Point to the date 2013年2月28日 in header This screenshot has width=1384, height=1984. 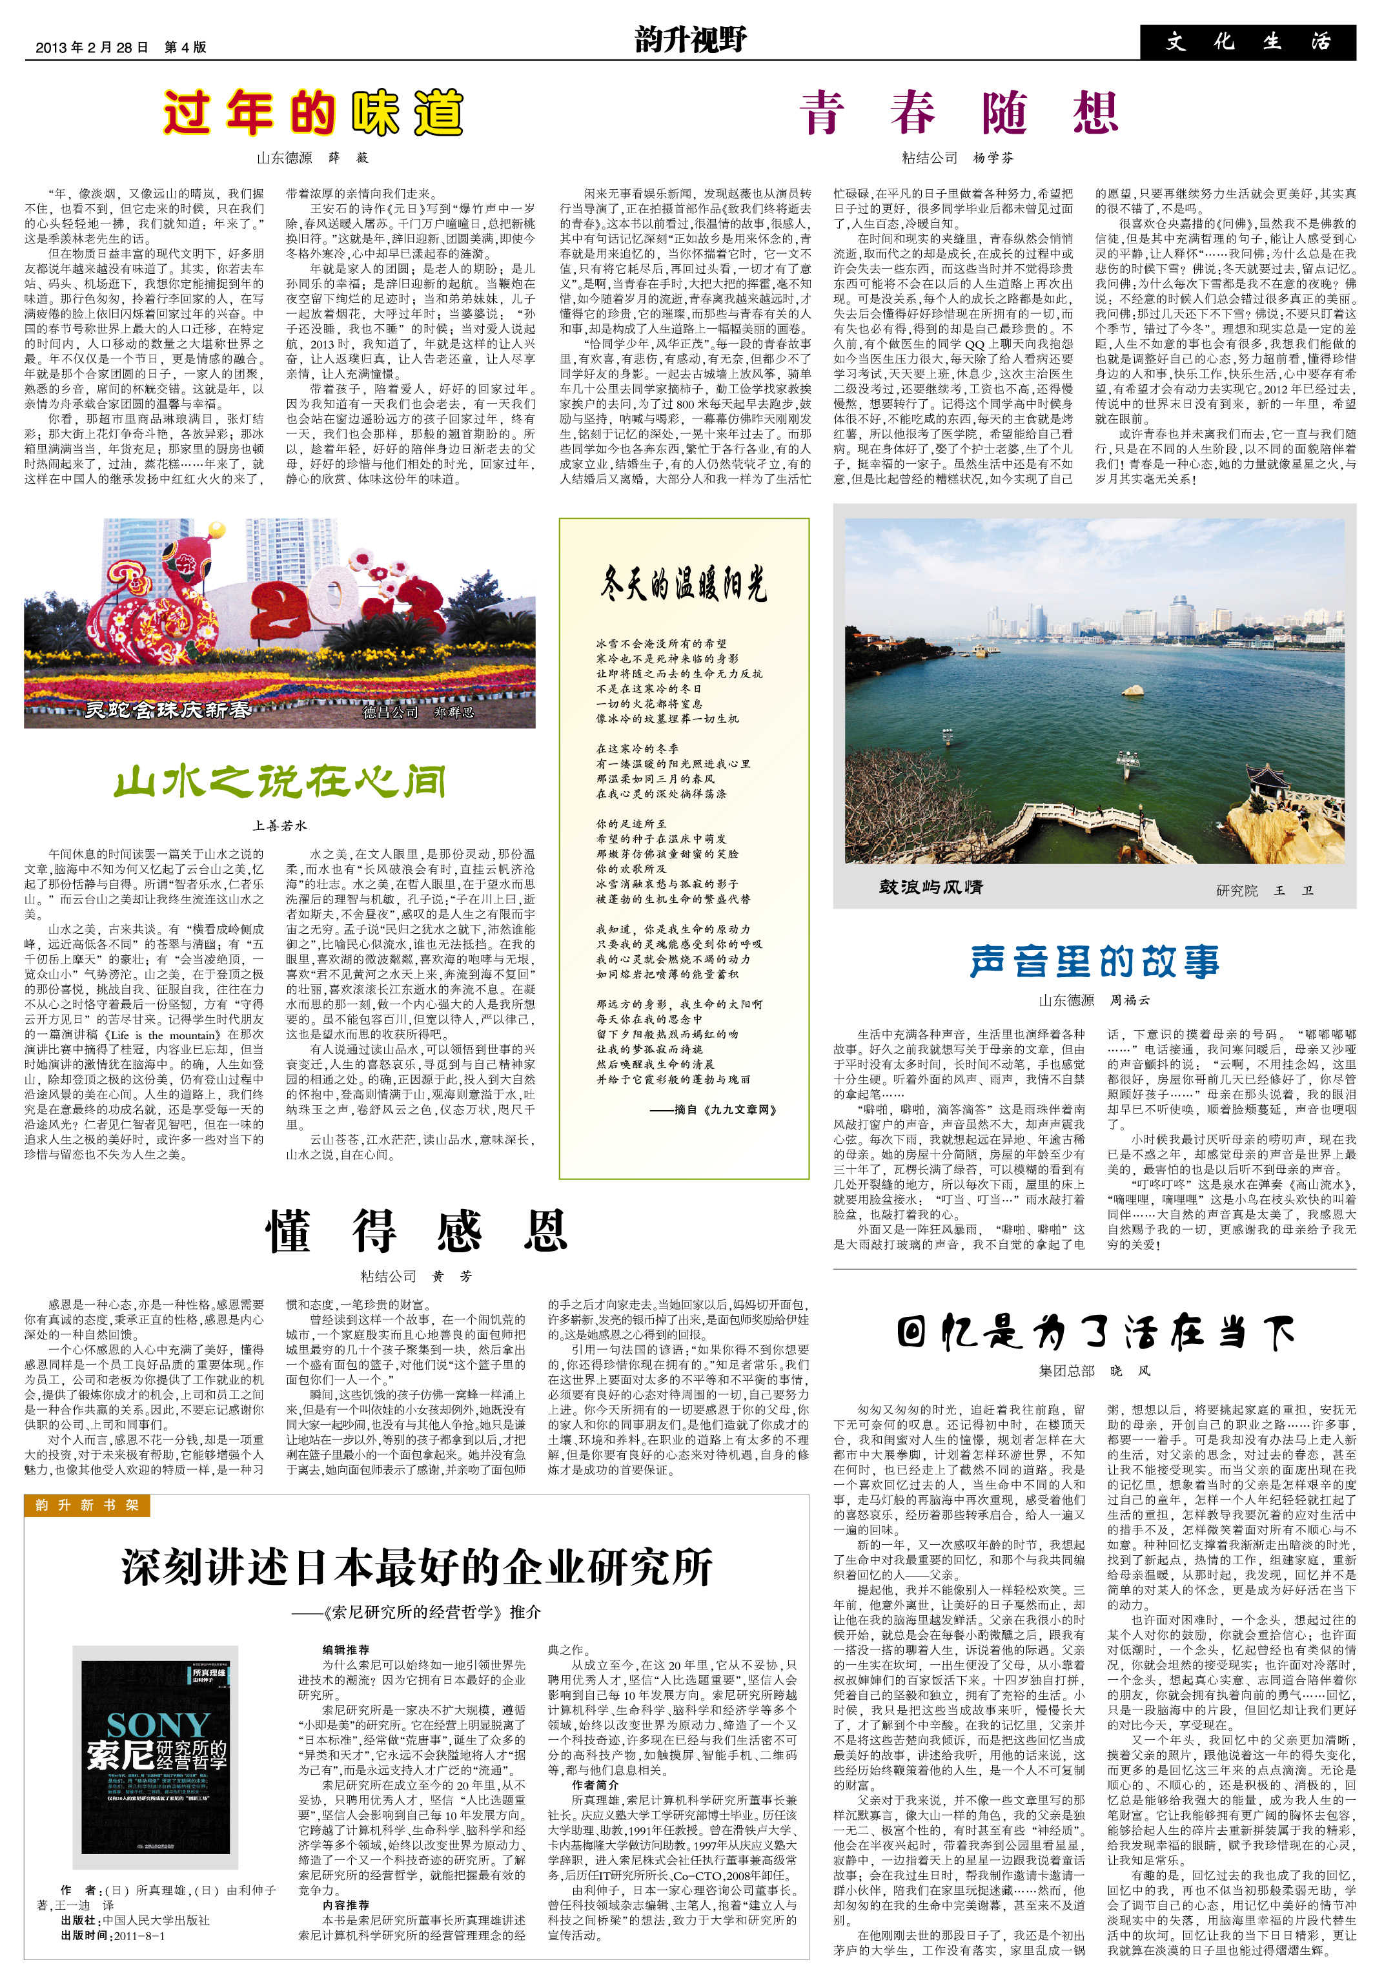(x=92, y=48)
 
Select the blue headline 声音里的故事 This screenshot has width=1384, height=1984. (x=1094, y=961)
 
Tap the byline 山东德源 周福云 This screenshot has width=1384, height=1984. (x=1094, y=1000)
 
